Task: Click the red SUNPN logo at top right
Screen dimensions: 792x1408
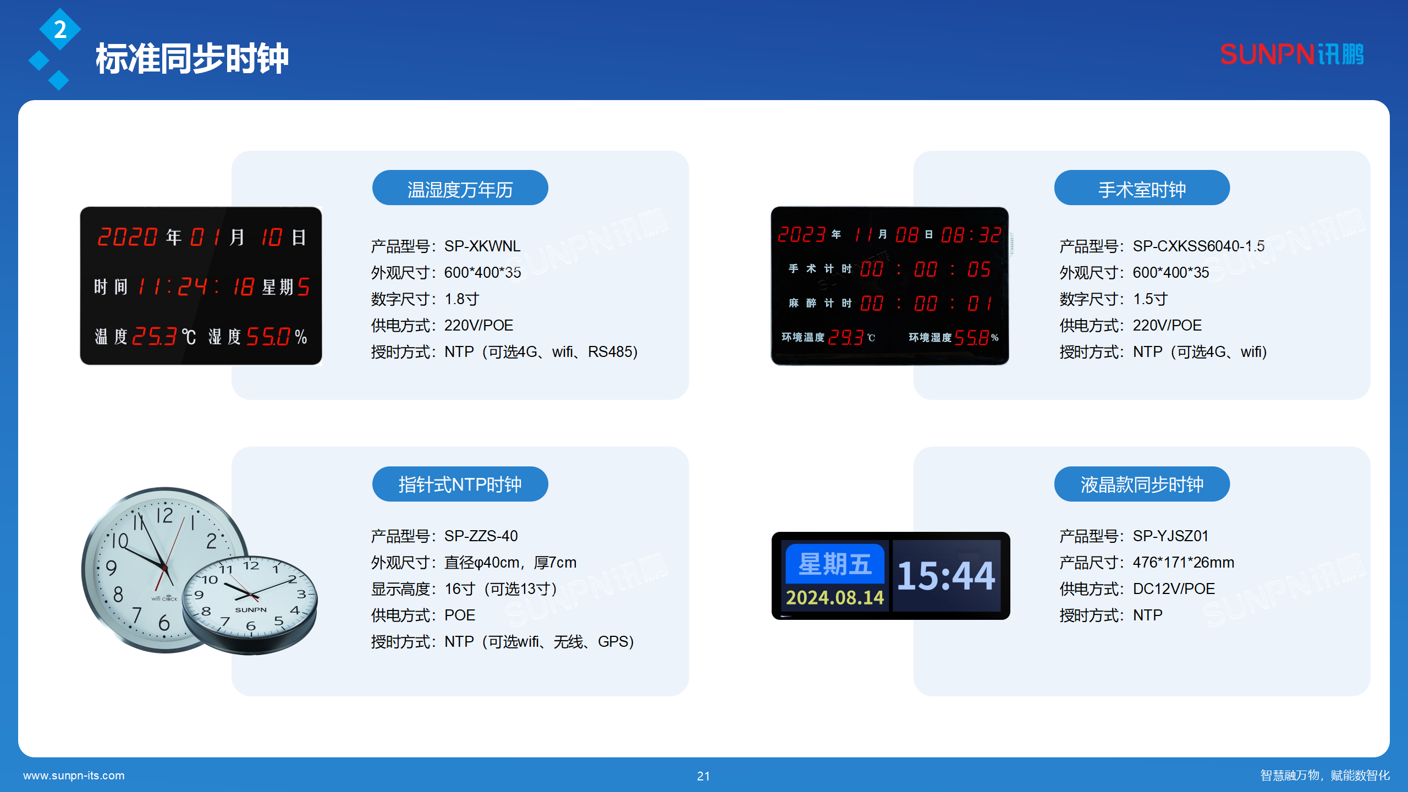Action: coord(1291,54)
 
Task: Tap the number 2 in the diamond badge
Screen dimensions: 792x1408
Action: coord(60,30)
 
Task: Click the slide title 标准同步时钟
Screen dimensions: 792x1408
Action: coord(192,58)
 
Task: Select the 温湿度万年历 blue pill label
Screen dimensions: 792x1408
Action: coord(460,189)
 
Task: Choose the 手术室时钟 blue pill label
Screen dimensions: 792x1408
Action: coord(1141,189)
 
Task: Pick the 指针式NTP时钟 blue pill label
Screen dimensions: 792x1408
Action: coord(460,484)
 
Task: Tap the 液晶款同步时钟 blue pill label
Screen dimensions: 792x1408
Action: coord(1141,484)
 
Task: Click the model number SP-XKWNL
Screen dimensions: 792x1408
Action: coord(482,246)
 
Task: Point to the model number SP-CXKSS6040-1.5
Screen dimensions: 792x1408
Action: coord(1198,246)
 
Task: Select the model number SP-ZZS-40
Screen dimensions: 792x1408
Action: coord(481,536)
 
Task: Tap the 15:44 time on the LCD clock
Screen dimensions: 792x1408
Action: coord(946,576)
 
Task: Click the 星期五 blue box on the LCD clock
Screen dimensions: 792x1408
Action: coord(834,564)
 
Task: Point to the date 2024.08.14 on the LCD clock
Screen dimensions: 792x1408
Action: coord(834,597)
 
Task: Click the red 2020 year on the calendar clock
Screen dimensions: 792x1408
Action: coord(128,237)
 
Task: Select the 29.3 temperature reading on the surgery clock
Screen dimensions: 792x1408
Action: coord(845,337)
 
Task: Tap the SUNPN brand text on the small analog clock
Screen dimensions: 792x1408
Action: coord(251,609)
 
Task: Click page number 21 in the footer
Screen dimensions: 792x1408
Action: coord(703,776)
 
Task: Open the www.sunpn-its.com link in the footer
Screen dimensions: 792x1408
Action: coord(74,776)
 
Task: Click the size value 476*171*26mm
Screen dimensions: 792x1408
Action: coord(1183,562)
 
